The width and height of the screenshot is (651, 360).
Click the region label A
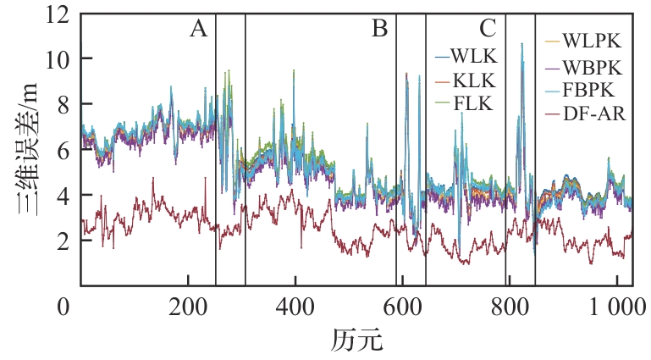198,30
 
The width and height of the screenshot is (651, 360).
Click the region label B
379,30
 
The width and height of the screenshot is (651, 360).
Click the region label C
487,30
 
